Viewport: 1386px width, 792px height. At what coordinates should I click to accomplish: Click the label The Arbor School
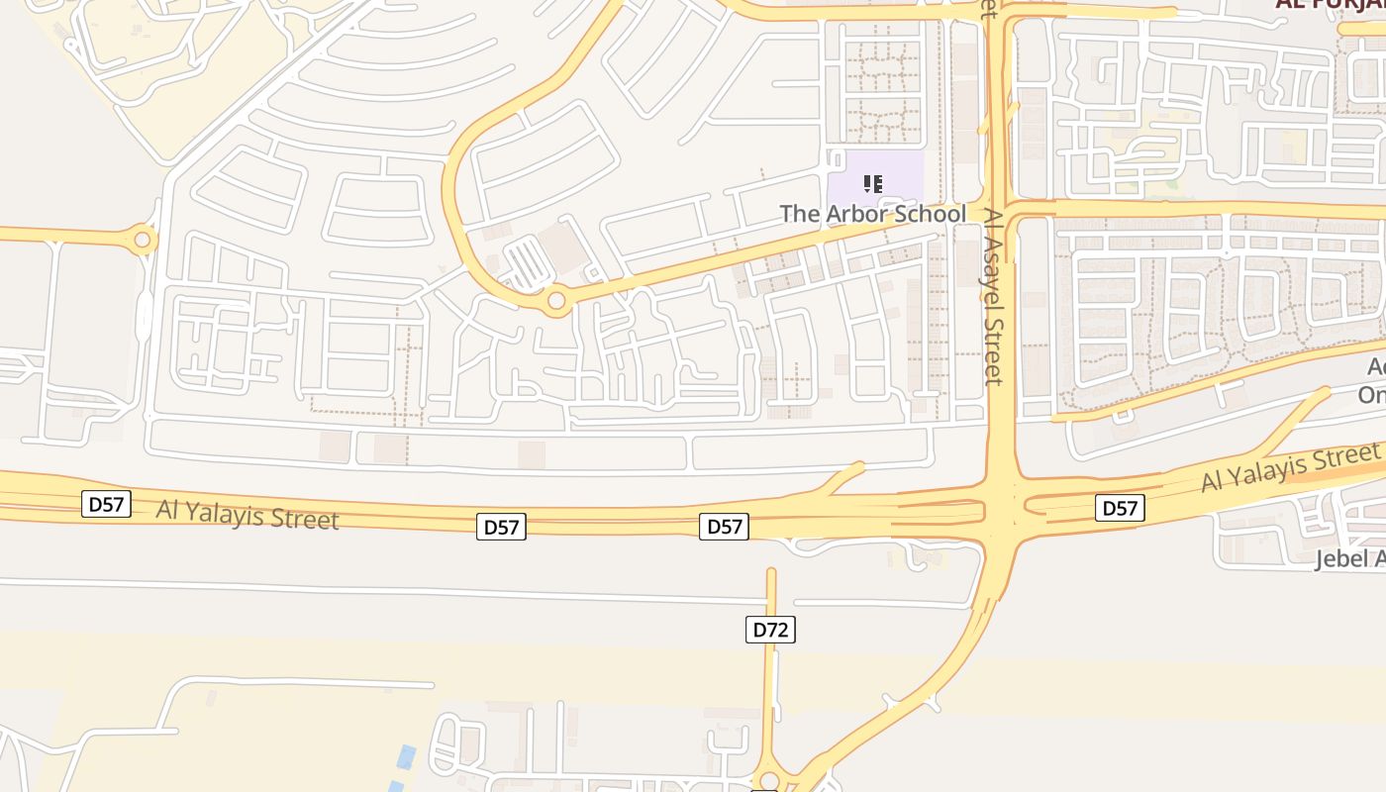(872, 214)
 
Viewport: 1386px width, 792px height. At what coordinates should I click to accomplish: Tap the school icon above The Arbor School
(872, 183)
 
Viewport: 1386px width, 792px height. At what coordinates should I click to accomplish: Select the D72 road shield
(770, 630)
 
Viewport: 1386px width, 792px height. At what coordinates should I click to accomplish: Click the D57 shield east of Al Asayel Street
(1120, 509)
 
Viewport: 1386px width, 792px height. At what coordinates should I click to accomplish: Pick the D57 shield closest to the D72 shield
(724, 527)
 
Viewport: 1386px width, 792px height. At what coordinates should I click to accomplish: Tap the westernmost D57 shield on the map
(106, 505)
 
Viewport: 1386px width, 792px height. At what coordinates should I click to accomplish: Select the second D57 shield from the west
(501, 527)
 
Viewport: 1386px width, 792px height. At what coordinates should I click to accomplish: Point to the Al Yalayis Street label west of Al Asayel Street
(247, 515)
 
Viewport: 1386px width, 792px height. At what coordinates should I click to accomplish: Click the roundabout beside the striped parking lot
(556, 300)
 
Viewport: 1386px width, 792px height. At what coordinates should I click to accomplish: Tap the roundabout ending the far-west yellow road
(143, 240)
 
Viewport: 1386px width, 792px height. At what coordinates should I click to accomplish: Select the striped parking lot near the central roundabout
(526, 264)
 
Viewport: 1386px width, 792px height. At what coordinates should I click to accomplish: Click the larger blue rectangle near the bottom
(406, 758)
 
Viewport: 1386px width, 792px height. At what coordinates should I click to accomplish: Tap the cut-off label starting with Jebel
(1349, 559)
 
